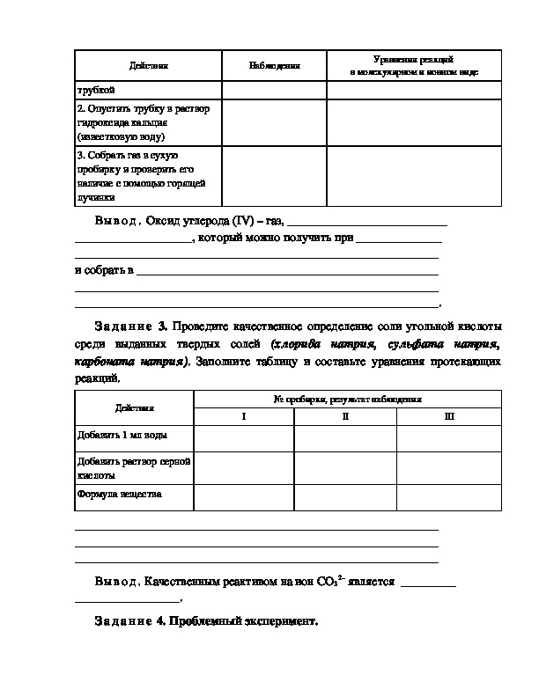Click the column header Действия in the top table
[x=147, y=65]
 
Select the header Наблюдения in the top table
[x=274, y=65]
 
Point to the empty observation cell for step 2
[x=274, y=122]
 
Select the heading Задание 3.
[x=130, y=328]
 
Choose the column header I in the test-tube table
[x=244, y=416]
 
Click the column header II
[x=345, y=416]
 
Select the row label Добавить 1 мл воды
[x=122, y=436]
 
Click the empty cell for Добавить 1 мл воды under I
[x=244, y=437]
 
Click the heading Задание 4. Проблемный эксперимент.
[x=204, y=621]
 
